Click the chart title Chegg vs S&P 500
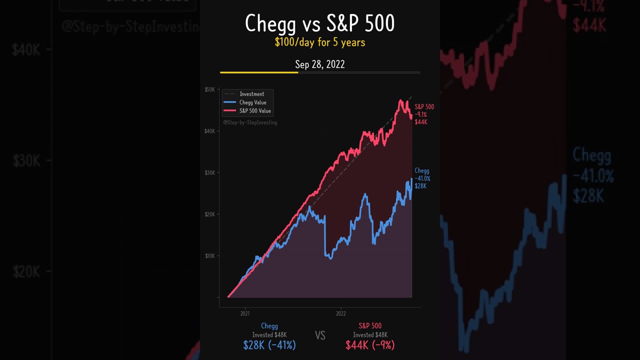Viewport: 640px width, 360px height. pyautogui.click(x=319, y=23)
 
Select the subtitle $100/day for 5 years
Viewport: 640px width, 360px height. pyautogui.click(x=319, y=42)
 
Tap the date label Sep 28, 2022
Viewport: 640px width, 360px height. pyautogui.click(x=319, y=64)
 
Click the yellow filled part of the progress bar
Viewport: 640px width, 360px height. pyautogui.click(x=259, y=72)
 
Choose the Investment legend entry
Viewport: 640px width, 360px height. pyautogui.click(x=251, y=94)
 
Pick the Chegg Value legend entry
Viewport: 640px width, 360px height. pyautogui.click(x=252, y=102)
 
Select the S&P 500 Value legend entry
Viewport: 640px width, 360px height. pyautogui.click(x=254, y=111)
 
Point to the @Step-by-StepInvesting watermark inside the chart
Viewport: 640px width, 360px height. pyautogui.click(x=250, y=122)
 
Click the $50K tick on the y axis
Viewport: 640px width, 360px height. pyautogui.click(x=209, y=89)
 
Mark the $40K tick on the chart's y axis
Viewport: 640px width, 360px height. pyautogui.click(x=209, y=131)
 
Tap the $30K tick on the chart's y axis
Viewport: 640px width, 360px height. pyautogui.click(x=209, y=172)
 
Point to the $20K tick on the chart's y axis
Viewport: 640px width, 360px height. pyautogui.click(x=209, y=214)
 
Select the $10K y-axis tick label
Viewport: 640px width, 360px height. pyautogui.click(x=209, y=255)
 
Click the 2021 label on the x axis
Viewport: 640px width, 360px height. pyautogui.click(x=245, y=313)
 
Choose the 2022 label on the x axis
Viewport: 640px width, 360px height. pyautogui.click(x=340, y=313)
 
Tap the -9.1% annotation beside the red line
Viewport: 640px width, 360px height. pyautogui.click(x=420, y=114)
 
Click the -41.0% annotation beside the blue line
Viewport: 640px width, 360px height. pyautogui.click(x=422, y=178)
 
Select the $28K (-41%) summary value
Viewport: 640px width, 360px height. pyautogui.click(x=269, y=345)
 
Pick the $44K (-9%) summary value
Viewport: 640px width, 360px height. pyautogui.click(x=370, y=345)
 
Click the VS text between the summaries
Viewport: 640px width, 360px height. pyautogui.click(x=320, y=335)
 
